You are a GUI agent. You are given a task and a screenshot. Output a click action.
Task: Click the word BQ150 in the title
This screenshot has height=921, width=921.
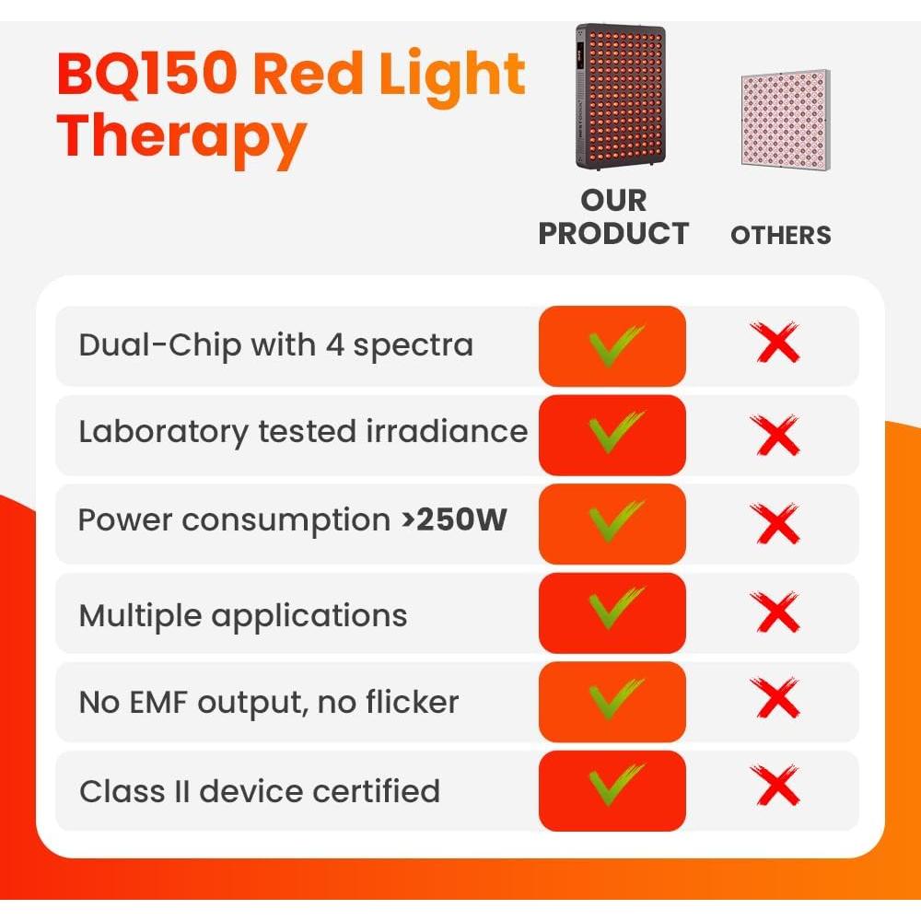(147, 76)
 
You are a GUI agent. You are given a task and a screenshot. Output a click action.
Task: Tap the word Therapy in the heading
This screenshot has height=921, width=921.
(181, 136)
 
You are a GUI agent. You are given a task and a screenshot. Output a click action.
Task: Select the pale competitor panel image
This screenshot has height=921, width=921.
(781, 121)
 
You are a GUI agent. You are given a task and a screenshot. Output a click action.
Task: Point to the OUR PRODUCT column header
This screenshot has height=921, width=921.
(613, 217)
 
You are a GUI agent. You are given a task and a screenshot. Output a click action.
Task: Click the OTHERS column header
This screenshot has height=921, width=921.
(781, 235)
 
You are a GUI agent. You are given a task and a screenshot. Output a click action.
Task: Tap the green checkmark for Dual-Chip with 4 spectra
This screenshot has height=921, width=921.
(614, 345)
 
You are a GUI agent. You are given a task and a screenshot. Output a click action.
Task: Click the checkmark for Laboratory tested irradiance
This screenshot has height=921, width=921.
(614, 434)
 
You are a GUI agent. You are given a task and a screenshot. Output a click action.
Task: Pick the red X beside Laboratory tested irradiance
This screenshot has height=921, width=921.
(775, 434)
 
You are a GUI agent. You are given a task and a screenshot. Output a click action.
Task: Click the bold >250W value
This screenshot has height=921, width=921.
(454, 520)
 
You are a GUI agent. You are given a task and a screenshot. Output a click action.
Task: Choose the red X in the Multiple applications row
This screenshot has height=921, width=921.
(775, 612)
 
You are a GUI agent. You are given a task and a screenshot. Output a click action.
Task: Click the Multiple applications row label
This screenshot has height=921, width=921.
(243, 615)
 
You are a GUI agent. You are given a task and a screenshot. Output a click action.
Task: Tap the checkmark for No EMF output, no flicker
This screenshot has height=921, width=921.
(614, 702)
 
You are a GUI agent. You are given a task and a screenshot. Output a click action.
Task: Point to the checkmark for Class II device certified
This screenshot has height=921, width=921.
(614, 789)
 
